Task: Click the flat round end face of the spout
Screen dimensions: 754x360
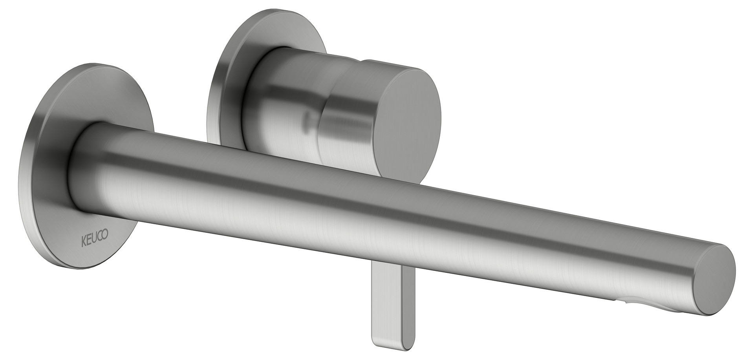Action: (714, 280)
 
